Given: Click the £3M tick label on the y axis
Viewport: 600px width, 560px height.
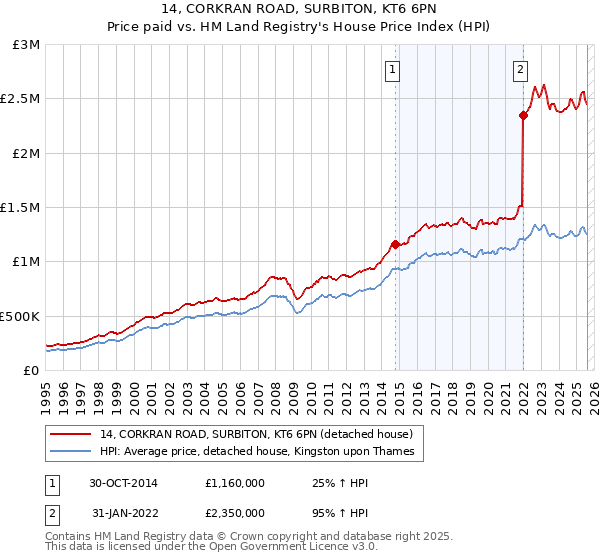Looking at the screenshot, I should pos(26,45).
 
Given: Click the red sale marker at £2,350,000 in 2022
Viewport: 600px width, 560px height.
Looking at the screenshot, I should pos(523,115).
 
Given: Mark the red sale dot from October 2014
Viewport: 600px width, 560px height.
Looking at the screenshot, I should pos(395,244).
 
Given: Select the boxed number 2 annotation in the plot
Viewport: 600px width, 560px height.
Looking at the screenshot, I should pos(521,70).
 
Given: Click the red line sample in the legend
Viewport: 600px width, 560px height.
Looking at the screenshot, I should pos(70,434).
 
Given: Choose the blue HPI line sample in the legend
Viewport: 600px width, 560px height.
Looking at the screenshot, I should pos(70,452).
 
